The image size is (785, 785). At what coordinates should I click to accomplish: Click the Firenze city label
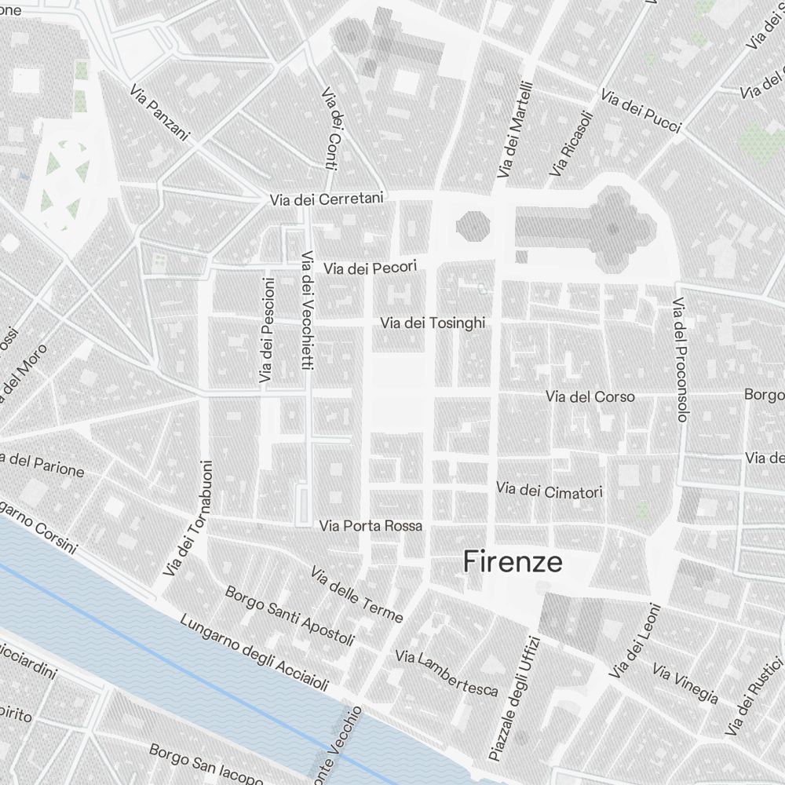tap(513, 562)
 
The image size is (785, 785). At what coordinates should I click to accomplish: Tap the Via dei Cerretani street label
tap(326, 199)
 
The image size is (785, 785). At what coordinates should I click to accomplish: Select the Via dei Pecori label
tap(371, 268)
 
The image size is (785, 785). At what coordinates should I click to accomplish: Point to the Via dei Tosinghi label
tap(433, 323)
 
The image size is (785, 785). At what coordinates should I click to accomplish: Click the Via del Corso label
tap(590, 396)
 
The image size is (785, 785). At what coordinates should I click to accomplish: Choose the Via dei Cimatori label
tap(549, 491)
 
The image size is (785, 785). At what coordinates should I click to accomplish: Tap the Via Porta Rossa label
tap(371, 526)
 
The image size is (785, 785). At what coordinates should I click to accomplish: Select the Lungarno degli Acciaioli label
tap(254, 654)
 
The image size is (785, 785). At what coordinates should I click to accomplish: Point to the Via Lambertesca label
tap(447, 673)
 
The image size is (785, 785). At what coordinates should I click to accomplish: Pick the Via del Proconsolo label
tap(680, 360)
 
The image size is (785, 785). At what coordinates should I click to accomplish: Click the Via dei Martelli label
tap(515, 129)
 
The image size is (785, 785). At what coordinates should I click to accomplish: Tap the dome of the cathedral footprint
tap(612, 228)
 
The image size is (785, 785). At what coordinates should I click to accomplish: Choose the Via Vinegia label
tap(685, 685)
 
